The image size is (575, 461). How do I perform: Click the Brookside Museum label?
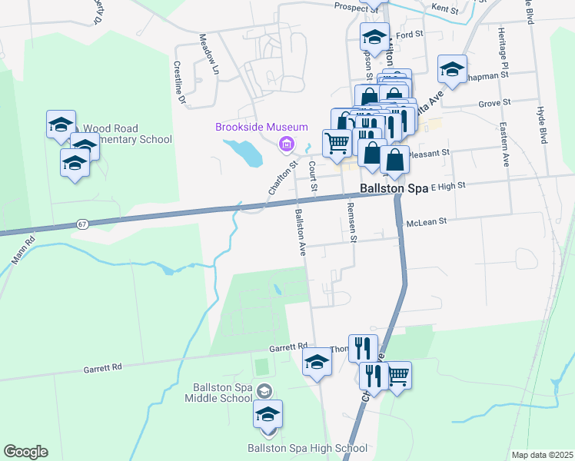tap(261, 128)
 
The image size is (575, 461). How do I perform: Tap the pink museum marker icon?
tap(287, 143)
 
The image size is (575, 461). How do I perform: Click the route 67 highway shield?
tap(83, 224)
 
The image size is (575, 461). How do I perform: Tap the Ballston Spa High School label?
tap(307, 448)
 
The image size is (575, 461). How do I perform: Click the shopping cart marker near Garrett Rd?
tap(397, 376)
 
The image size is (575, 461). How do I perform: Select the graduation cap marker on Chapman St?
tap(452, 68)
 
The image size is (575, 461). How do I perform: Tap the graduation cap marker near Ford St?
tap(374, 36)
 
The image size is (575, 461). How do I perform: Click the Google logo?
tap(25, 452)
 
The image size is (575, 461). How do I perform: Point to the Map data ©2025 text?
tap(541, 455)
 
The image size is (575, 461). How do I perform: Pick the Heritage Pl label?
tap(502, 45)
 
